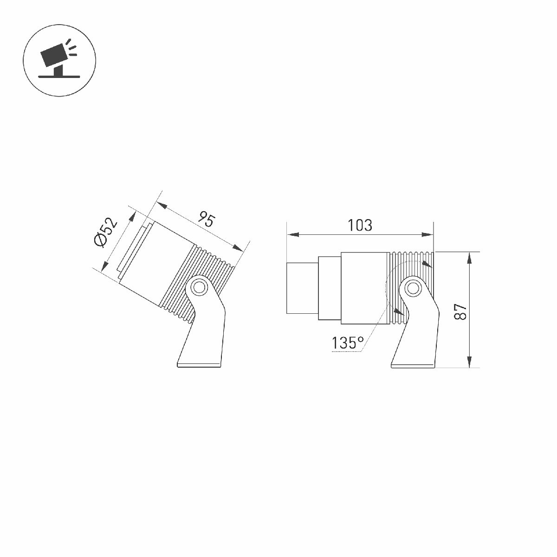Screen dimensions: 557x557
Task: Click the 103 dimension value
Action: click(360, 226)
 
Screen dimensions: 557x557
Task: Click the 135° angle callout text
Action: click(347, 343)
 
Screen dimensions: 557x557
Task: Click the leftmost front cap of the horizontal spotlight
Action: click(302, 288)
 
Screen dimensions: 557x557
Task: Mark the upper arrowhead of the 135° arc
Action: click(427, 264)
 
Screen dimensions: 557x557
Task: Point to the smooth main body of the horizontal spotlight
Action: click(363, 288)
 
